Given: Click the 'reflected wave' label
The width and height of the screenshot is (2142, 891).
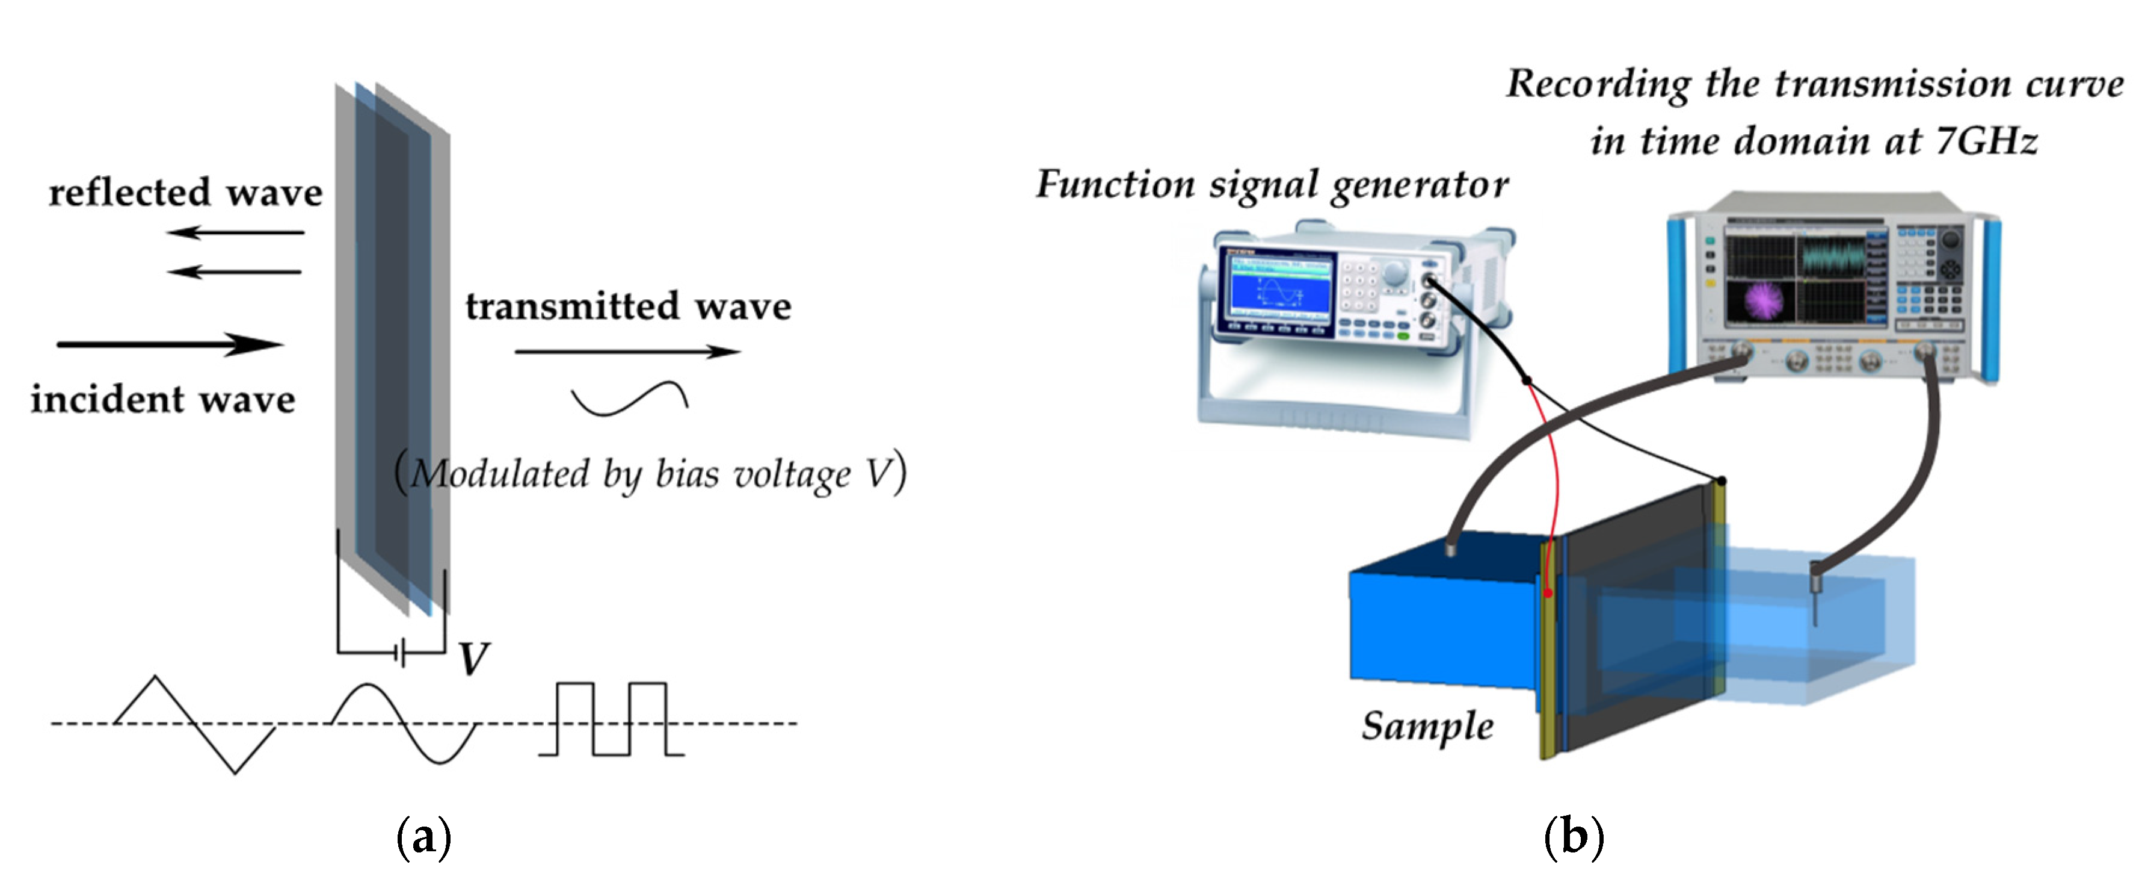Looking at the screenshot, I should tap(185, 193).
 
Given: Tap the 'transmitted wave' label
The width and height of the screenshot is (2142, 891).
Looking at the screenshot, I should tap(628, 307).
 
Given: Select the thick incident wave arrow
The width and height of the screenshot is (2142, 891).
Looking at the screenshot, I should tap(170, 344).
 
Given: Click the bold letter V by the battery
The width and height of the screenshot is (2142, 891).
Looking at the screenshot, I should tap(474, 659).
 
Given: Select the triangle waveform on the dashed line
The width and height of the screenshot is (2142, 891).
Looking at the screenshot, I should tap(195, 724).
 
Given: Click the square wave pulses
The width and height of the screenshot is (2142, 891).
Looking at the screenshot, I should tap(611, 719).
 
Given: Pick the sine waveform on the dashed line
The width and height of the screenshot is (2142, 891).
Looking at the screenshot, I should tap(405, 722).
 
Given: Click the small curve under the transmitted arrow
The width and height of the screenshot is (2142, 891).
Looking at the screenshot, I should tap(629, 399).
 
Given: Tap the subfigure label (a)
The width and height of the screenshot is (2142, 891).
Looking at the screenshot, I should tap(424, 838).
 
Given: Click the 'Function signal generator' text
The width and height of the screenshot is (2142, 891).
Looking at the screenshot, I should tap(1272, 185).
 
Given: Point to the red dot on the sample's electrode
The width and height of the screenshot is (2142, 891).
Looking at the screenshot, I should tap(1548, 593).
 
